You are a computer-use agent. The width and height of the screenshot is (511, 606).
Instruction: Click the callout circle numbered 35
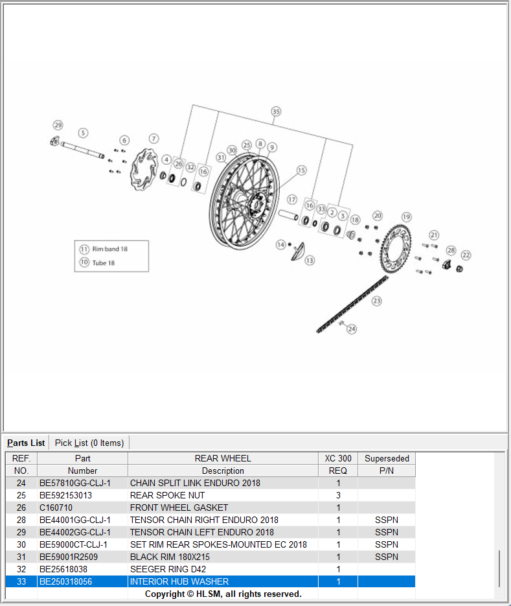[x=276, y=111]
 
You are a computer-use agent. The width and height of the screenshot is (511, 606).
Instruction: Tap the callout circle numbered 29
[x=58, y=124]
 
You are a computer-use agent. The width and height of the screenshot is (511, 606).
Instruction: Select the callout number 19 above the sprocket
[x=406, y=216]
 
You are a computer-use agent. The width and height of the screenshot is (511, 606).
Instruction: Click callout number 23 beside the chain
[x=376, y=301]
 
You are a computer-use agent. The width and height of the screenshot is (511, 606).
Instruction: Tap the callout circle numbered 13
[x=310, y=260]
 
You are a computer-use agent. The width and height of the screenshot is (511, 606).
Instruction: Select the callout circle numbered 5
[x=83, y=133]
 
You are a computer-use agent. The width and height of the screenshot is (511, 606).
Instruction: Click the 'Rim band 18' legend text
[x=109, y=249]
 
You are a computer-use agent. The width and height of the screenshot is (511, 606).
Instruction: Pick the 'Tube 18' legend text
[x=104, y=262]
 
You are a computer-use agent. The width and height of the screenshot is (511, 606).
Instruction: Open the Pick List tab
[x=89, y=443]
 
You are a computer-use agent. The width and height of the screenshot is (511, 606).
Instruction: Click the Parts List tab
[x=26, y=443]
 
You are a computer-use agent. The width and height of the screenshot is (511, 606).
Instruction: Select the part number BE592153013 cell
[x=65, y=495]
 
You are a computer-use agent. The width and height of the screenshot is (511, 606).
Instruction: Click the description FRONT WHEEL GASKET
[x=179, y=507]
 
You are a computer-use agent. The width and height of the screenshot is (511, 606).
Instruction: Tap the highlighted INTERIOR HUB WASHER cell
[x=179, y=581]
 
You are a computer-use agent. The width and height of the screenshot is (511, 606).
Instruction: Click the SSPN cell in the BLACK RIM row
[x=386, y=557]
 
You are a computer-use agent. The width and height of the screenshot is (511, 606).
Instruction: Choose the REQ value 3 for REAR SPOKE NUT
[x=338, y=495]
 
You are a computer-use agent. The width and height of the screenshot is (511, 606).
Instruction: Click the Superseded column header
[x=387, y=458]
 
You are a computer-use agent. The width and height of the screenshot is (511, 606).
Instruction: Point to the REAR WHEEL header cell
[x=222, y=458]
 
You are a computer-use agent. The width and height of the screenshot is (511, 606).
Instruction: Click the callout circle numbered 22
[x=466, y=255]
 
